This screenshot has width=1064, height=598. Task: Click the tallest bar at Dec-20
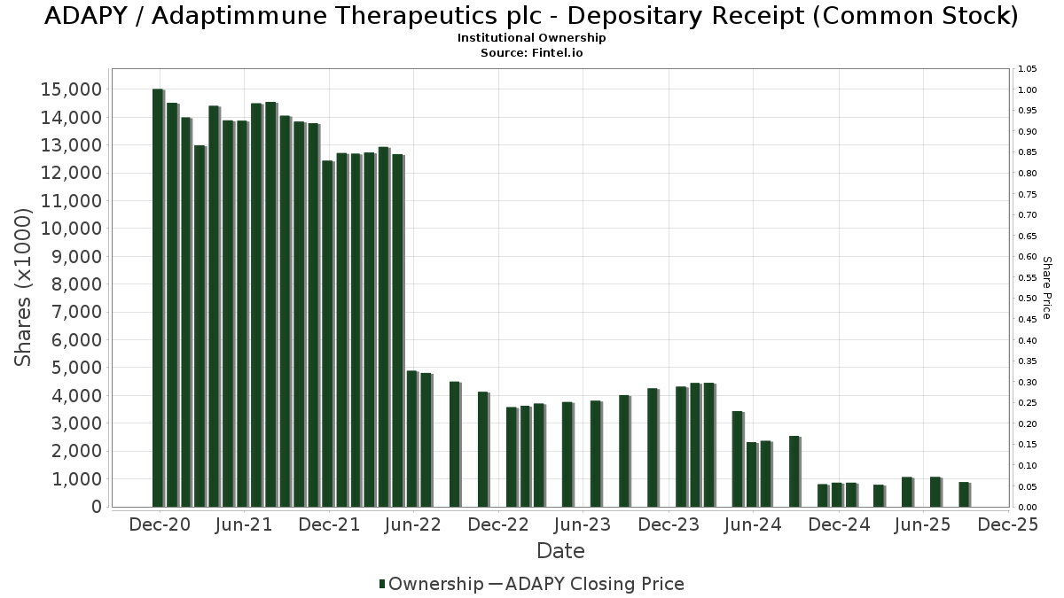pyautogui.click(x=158, y=297)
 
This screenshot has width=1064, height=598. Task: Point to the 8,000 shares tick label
pyautogui.click(x=76, y=284)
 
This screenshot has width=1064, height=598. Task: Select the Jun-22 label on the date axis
pyautogui.click(x=413, y=524)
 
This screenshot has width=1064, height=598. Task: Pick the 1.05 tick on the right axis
pyautogui.click(x=1028, y=69)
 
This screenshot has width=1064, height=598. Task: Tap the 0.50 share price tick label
pyautogui.click(x=1028, y=299)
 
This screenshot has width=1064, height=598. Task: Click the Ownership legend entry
pyautogui.click(x=430, y=584)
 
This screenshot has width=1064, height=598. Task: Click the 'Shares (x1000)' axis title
pyautogui.click(x=24, y=287)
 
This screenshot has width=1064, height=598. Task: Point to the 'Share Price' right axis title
pyautogui.click(x=1046, y=287)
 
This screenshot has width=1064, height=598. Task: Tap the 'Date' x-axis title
pyautogui.click(x=560, y=551)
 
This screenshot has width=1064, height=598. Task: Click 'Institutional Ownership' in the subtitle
pyautogui.click(x=532, y=38)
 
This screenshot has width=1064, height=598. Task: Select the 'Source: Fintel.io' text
pyautogui.click(x=532, y=53)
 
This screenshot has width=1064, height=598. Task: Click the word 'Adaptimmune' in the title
pyautogui.click(x=225, y=16)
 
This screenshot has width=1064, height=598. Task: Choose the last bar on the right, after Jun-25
pyautogui.click(x=964, y=494)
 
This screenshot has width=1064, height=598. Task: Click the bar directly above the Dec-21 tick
pyautogui.click(x=328, y=334)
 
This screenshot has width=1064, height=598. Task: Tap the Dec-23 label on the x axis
pyautogui.click(x=669, y=524)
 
